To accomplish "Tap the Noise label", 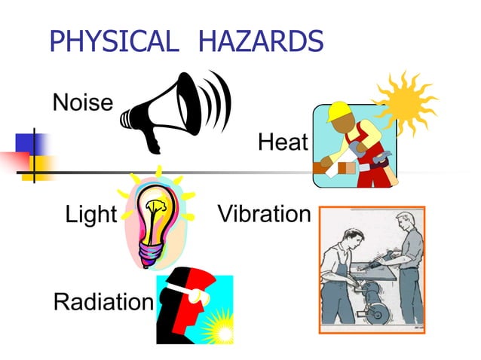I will pos(83,102).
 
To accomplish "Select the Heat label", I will pos(283,141).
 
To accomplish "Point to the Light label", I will pos(90,215).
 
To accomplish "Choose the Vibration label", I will pos(264,214).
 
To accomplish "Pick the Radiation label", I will pos(103,302).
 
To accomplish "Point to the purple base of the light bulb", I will pos(151,252).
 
